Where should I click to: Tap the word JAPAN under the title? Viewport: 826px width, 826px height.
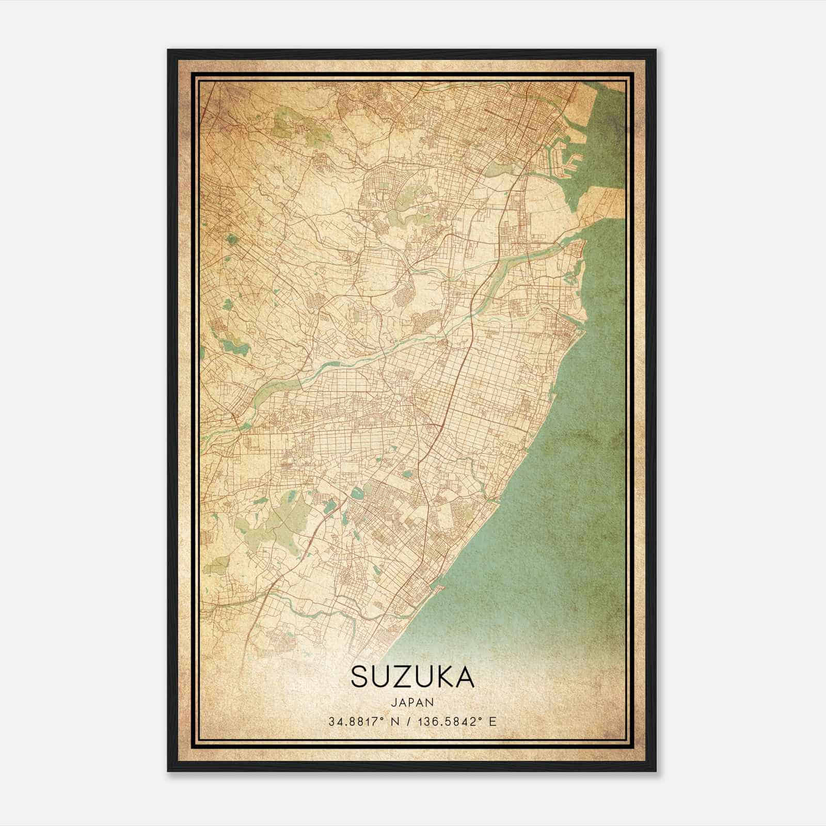(x=412, y=702)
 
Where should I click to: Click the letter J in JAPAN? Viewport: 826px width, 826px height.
(x=393, y=702)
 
